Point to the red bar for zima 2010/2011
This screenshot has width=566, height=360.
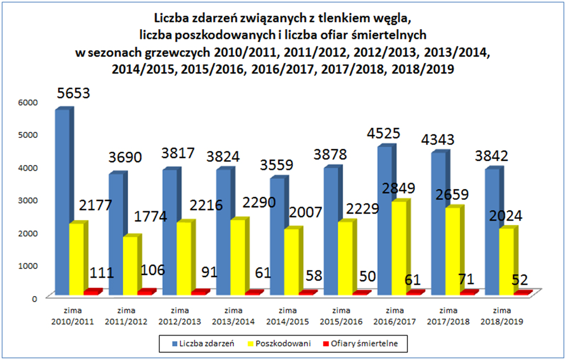point(92,292)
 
